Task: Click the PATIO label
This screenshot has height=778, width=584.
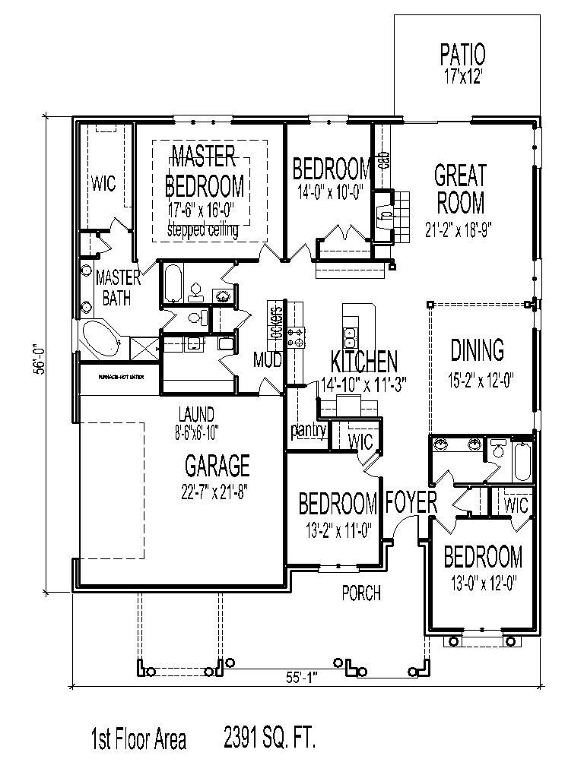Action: point(462,55)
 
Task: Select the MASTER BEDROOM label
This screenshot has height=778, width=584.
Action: point(204,171)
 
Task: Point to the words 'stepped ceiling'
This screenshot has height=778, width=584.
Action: point(202,230)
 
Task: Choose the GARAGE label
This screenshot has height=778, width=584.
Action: point(217,464)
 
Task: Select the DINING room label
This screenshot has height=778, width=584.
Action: point(477,350)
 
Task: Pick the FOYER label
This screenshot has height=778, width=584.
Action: point(411,502)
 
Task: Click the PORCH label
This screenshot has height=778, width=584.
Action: point(360,593)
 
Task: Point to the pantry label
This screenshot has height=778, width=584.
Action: point(308,431)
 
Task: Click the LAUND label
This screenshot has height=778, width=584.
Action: point(196,415)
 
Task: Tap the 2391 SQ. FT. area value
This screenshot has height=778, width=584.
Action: point(269,738)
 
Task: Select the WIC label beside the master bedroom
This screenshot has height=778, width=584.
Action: point(103,183)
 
